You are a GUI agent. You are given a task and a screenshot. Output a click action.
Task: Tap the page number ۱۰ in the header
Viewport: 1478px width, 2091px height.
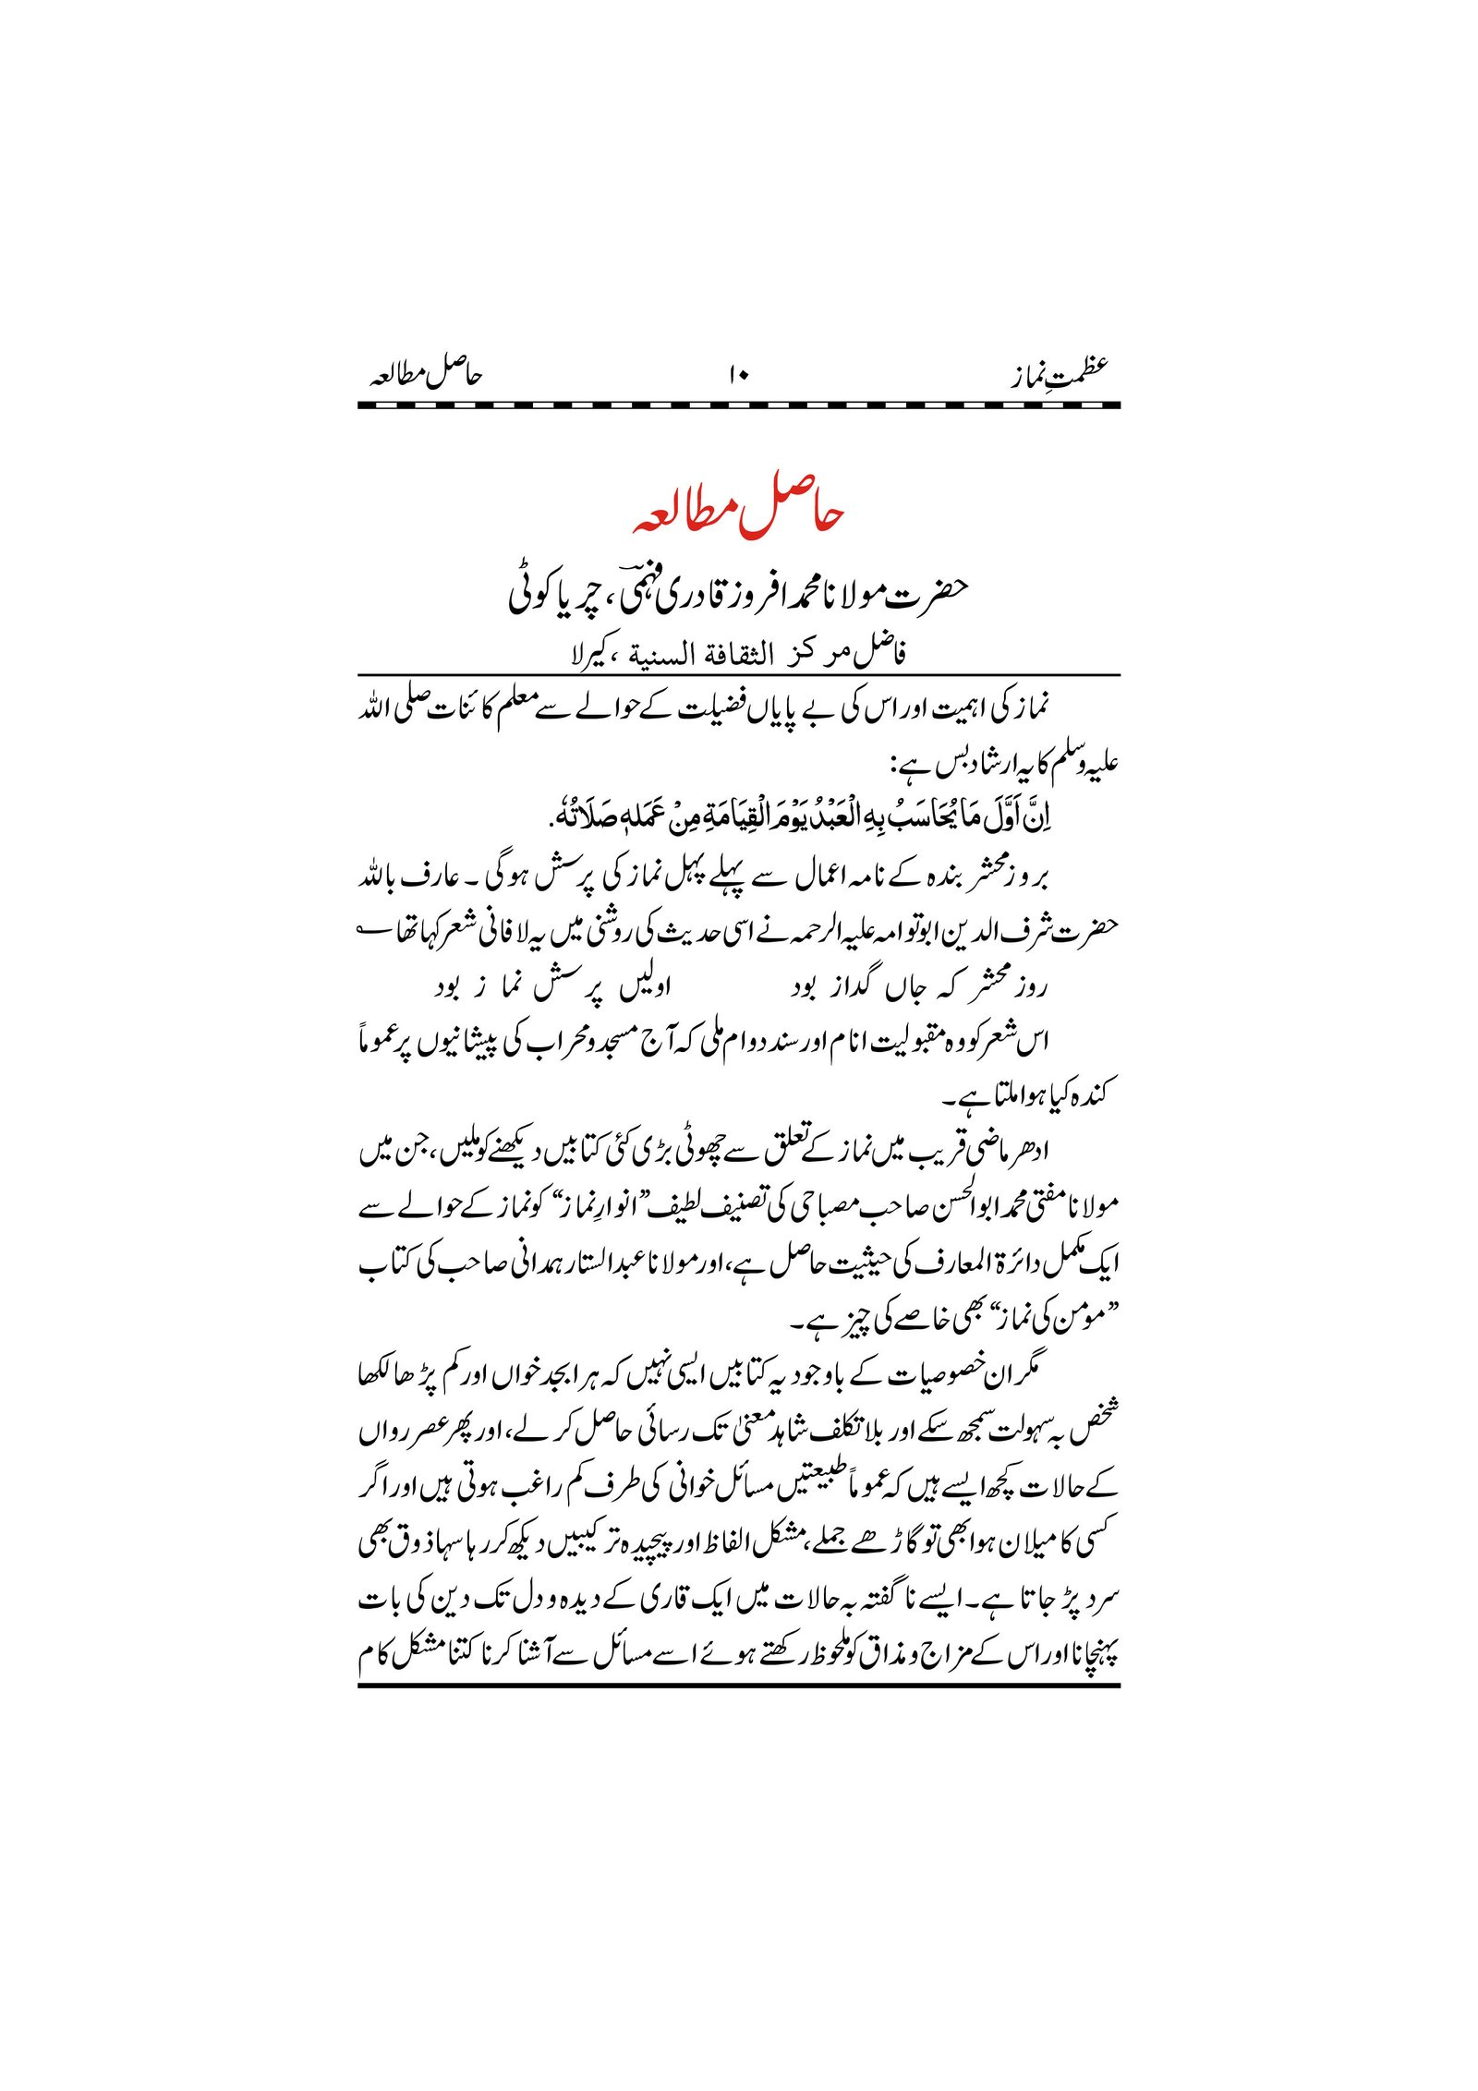[x=739, y=374]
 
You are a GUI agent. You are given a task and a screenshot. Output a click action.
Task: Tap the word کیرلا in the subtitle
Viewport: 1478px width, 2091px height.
[x=586, y=657]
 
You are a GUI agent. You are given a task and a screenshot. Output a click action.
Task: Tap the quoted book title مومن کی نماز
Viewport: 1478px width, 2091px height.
[x=1025, y=1322]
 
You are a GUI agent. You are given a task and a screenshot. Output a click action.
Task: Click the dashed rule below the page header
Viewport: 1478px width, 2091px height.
[x=739, y=405]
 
